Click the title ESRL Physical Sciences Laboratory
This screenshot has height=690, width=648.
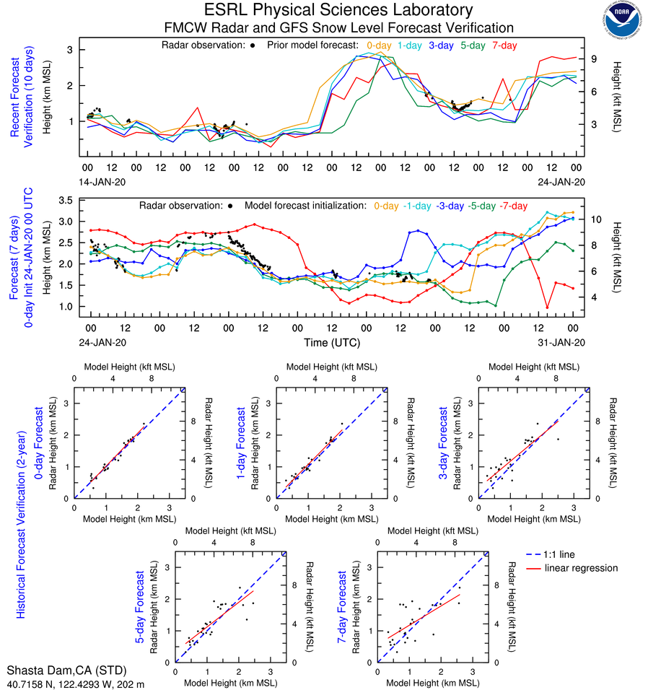(x=339, y=10)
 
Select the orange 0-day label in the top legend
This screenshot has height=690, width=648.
(x=379, y=45)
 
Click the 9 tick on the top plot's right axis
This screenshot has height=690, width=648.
(x=590, y=59)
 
